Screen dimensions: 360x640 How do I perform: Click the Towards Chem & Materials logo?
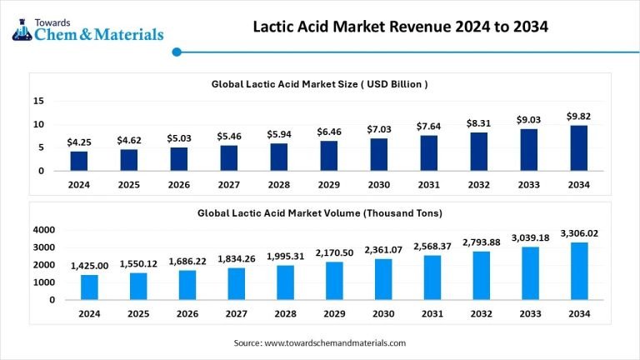click(87, 30)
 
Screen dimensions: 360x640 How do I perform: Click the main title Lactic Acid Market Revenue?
click(400, 27)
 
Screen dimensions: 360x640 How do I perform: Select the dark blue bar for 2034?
click(578, 147)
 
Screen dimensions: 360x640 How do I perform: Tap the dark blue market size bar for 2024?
click(79, 160)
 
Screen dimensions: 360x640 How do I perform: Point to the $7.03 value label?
click(378, 129)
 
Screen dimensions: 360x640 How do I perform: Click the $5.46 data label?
click(229, 136)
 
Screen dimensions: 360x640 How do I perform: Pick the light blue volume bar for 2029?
click(329, 281)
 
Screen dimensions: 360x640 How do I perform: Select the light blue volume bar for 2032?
click(479, 275)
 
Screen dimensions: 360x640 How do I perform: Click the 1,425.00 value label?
click(79, 265)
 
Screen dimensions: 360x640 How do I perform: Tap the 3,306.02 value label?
click(578, 233)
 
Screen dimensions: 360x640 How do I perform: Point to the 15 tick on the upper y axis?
click(38, 101)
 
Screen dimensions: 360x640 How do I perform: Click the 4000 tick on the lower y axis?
click(44, 229)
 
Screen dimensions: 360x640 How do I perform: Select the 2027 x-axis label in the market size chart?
click(229, 185)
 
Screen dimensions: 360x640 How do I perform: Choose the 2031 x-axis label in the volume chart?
click(429, 313)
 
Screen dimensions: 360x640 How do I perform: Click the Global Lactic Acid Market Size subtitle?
click(320, 84)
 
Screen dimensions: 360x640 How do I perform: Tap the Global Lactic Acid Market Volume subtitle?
click(320, 213)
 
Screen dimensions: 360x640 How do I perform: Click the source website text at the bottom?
click(320, 342)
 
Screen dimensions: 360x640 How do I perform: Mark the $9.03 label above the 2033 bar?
click(528, 119)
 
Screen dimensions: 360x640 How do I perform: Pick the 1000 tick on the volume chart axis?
click(44, 282)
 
